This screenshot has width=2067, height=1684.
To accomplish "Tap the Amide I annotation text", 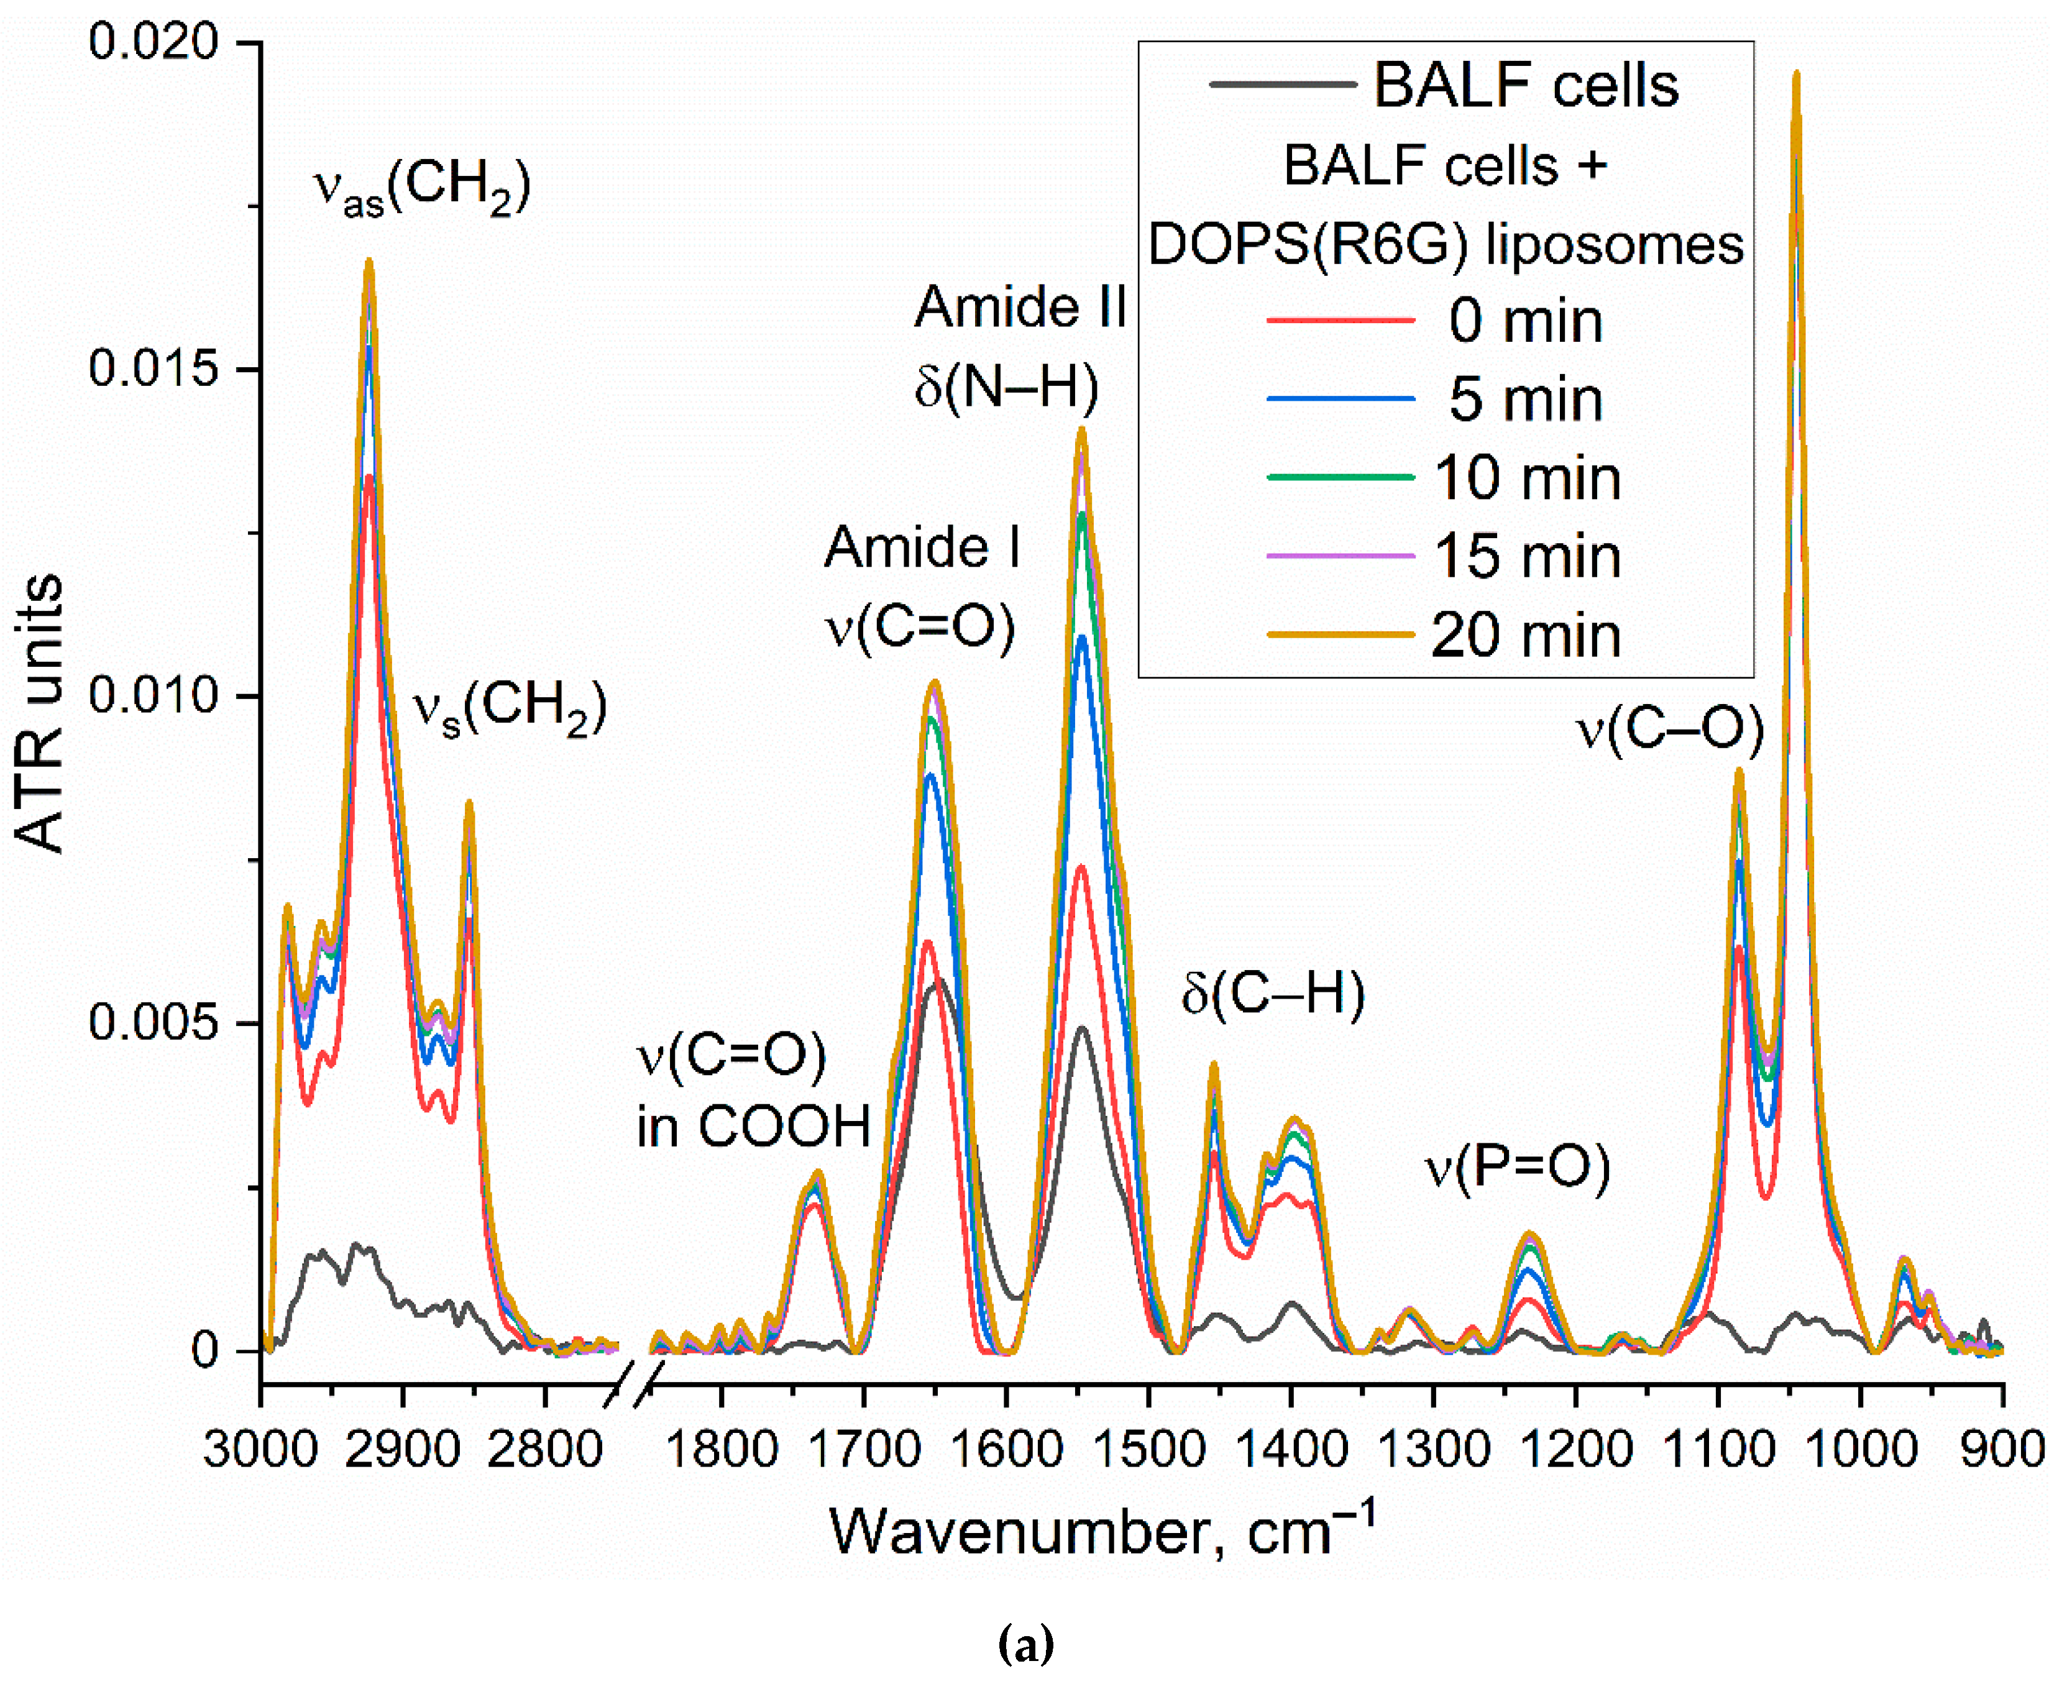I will (x=922, y=547).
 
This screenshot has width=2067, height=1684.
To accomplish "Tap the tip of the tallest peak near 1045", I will (x=1795, y=74).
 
